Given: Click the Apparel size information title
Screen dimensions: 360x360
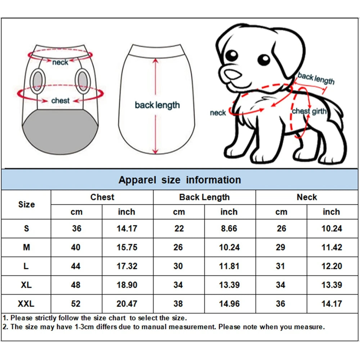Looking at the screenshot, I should click(180, 180).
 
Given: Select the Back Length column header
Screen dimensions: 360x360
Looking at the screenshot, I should click(204, 197).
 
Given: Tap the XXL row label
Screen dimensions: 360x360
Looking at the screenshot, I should click(26, 304).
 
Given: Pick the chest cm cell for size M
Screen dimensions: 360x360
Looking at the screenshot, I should click(76, 247).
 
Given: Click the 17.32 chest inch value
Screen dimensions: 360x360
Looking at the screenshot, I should click(127, 266).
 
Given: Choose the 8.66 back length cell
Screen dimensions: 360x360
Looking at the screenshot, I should click(229, 229).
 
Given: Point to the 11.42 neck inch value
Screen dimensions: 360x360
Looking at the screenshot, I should click(331, 247).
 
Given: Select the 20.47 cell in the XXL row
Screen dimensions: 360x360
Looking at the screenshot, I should click(127, 304).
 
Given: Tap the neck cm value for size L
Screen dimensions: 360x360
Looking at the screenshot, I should click(281, 266).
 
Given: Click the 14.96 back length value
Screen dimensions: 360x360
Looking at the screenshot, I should click(229, 304).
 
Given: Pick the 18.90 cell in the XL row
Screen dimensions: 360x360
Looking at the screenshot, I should click(127, 285).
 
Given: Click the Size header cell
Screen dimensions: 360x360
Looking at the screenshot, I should click(26, 204).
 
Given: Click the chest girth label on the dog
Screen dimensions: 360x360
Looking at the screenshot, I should click(309, 111).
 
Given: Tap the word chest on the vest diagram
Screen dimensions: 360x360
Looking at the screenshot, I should click(60, 100).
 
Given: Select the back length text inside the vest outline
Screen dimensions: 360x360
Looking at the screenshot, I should click(157, 105).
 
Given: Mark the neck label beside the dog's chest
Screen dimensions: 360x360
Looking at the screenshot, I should click(218, 113).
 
